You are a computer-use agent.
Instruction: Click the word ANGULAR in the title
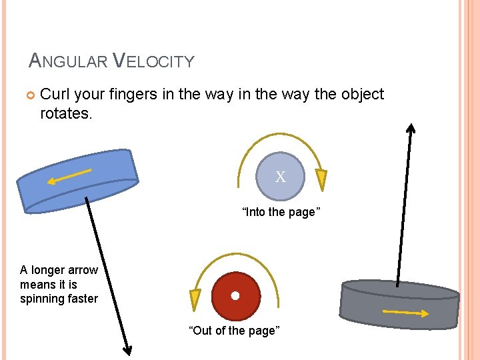coord(69,61)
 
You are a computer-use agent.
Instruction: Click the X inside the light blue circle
coord(281,177)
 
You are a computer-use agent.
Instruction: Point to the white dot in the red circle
coord(235,295)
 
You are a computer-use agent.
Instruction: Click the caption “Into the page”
coord(281,212)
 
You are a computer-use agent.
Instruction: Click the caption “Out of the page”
coord(235,331)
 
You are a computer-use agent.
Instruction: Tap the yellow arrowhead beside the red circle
coord(195,298)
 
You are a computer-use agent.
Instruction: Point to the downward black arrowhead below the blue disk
coord(125,349)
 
